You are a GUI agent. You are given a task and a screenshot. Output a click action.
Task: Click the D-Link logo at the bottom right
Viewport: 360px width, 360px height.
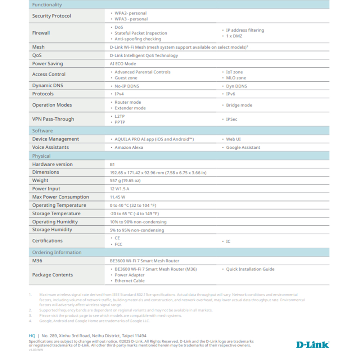[x=312, y=345]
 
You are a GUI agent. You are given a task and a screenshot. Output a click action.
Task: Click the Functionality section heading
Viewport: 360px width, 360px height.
[x=47, y=5]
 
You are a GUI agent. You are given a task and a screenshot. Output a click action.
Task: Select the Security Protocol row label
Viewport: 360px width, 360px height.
[x=51, y=16]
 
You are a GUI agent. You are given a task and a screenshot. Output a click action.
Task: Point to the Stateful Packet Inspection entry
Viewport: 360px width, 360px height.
[x=141, y=33]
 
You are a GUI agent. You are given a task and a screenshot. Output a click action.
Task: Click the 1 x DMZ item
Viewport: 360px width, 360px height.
[x=234, y=36]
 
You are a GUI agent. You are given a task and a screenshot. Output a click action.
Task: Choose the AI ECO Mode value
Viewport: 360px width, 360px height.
[x=123, y=64]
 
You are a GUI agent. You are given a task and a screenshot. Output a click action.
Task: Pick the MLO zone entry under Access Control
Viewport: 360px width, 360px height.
[x=236, y=78]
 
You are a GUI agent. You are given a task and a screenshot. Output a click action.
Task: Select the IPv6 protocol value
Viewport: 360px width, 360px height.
[x=230, y=94]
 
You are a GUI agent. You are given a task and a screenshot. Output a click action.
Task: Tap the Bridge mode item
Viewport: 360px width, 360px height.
[x=239, y=105]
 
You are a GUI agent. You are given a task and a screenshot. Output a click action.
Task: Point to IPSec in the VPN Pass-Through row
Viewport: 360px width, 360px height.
[x=231, y=119]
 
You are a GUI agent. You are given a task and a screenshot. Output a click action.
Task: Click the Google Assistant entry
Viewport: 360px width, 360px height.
[x=243, y=148]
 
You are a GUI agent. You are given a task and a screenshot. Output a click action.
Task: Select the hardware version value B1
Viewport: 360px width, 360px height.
[x=112, y=165]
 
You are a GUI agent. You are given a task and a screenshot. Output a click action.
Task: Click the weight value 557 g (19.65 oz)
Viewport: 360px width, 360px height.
[x=125, y=181]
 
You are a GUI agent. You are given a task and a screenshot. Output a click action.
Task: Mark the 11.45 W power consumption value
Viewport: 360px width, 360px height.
[x=117, y=197]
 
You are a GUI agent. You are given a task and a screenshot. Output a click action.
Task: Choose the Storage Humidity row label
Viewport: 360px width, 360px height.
[x=52, y=230]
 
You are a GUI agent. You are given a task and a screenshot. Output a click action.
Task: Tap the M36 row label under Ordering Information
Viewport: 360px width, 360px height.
[x=37, y=261]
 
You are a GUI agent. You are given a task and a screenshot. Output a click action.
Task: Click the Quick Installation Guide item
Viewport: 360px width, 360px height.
[x=250, y=269]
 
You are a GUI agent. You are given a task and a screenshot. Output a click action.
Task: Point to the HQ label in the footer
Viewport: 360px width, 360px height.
[x=32, y=336]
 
